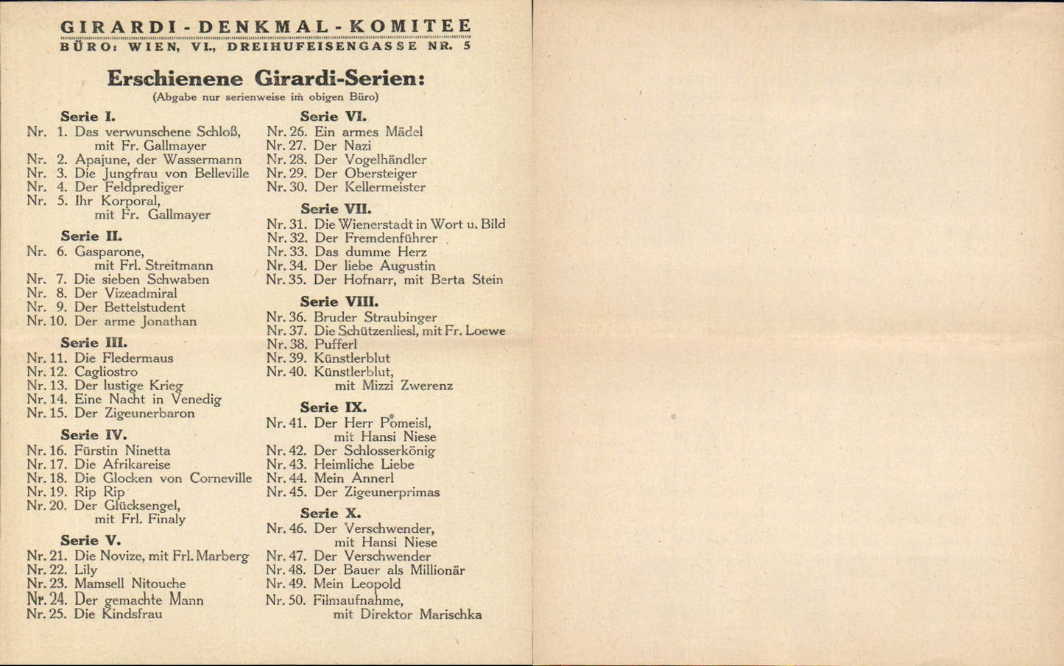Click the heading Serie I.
click(88, 116)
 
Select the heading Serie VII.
click(336, 209)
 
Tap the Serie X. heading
click(331, 514)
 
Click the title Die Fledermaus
click(124, 358)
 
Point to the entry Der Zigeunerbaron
click(135, 414)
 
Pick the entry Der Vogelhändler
click(370, 160)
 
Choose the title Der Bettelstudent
click(130, 308)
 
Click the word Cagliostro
click(106, 372)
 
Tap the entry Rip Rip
click(99, 492)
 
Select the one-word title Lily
click(85, 570)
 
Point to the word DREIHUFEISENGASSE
click(322, 46)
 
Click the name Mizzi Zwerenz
click(407, 386)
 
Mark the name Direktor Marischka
click(420, 614)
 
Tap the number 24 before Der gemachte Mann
click(58, 600)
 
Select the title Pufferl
click(336, 344)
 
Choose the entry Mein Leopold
click(357, 584)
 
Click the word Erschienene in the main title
click(175, 79)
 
